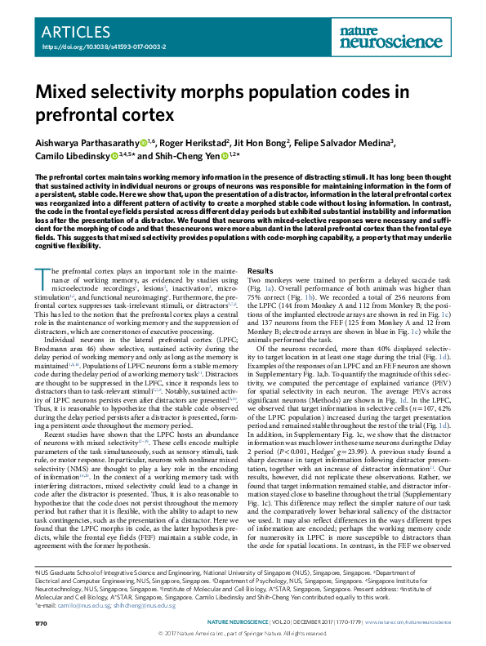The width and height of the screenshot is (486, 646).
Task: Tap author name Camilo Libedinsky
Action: (70, 154)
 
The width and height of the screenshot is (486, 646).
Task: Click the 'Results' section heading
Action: (261, 270)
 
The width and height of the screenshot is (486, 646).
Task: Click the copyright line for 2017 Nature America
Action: (243, 632)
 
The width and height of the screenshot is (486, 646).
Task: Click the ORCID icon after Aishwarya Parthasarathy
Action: (142, 141)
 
